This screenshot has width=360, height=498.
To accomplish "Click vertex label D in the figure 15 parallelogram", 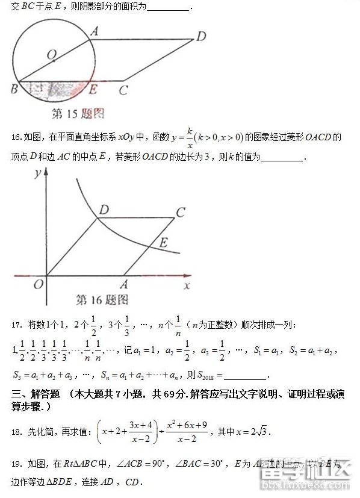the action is click(x=200, y=36).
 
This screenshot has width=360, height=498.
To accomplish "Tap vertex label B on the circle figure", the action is click(x=13, y=90).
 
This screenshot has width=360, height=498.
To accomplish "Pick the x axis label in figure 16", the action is click(x=187, y=285).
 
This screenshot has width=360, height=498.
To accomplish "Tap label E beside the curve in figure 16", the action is click(x=163, y=243).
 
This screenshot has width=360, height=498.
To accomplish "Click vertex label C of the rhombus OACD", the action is click(x=181, y=212).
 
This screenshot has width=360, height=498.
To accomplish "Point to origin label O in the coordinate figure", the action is click(x=39, y=284).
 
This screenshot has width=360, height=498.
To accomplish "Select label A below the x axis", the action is click(x=125, y=285).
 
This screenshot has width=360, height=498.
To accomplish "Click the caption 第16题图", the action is click(x=102, y=299).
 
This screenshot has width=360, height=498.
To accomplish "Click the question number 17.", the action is click(x=16, y=326).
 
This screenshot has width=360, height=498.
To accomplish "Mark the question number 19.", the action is click(x=16, y=464).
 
